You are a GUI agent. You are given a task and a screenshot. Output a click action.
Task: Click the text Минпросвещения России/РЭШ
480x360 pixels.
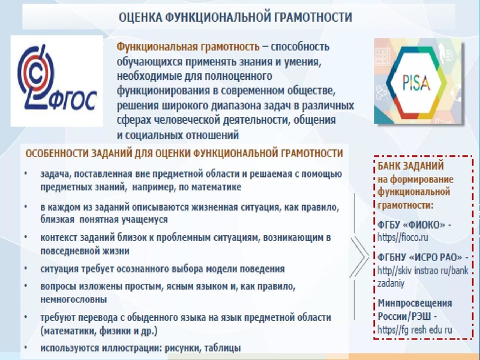point(415,310)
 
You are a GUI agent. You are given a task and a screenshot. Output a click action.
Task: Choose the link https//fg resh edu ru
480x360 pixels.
point(415,329)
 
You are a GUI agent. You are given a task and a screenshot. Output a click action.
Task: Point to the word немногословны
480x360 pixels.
point(74,298)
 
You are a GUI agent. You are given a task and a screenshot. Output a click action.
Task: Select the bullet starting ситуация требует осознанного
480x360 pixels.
point(162,269)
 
